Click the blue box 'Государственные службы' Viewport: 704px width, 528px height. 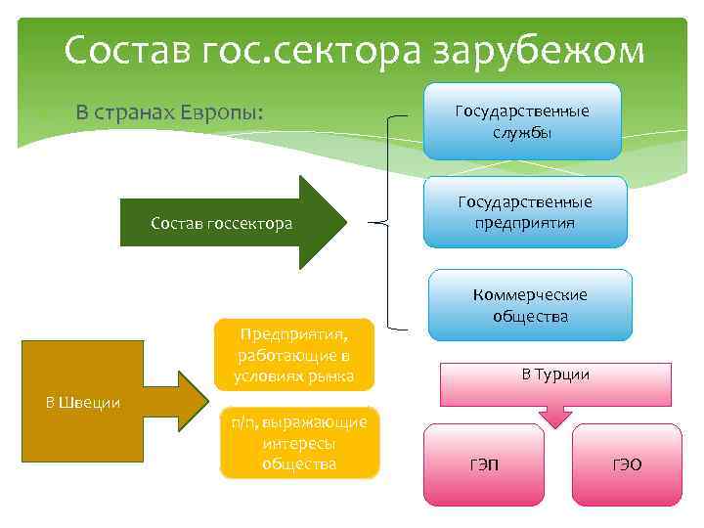522,121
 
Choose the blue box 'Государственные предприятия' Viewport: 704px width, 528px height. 526,212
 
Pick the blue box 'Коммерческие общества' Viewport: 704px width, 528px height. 530,305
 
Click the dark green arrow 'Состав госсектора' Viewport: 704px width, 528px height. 235,223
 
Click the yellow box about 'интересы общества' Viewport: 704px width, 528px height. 298,442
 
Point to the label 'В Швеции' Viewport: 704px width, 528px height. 84,402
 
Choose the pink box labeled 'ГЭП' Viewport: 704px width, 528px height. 483,464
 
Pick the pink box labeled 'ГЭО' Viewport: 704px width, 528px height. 627,464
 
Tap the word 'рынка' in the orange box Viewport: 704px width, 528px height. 328,376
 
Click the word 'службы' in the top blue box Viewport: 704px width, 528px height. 522,131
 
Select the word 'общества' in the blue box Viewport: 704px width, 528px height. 530,316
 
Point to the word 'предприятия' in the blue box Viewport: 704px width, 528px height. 526,222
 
